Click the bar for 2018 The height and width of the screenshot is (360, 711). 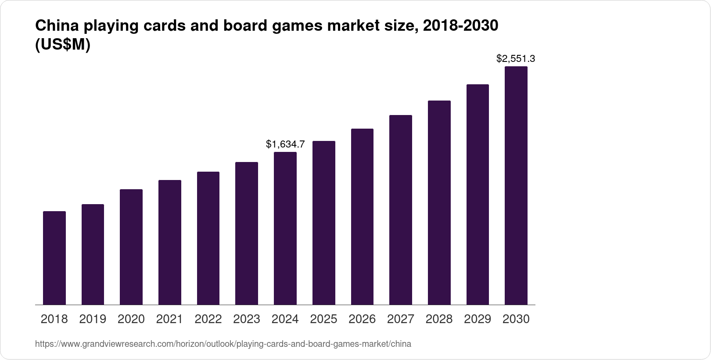coord(54,258)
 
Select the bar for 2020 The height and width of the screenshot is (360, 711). coord(131,247)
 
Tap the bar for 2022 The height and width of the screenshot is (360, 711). coord(208,238)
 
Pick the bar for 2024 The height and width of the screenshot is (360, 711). coord(285,228)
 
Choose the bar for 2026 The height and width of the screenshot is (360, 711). coord(362,217)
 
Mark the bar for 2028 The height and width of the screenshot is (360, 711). coord(439,203)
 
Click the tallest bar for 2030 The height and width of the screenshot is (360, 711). coord(516,186)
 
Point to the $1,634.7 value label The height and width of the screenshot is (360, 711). coord(285,144)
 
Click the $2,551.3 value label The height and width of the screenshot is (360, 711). coord(516,58)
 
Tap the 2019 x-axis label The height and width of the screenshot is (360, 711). coord(93,319)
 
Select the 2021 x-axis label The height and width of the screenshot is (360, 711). coord(169,319)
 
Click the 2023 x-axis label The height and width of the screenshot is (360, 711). coord(247,319)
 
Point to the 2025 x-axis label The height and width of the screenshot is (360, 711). coord(323,319)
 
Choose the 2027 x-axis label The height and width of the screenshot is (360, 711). coord(401,319)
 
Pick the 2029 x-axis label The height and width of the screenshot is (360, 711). coord(478,319)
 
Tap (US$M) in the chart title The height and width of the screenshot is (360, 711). coord(62,45)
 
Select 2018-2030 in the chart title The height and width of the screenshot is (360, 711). coord(460,26)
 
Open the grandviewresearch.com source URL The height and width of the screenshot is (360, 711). coord(223,344)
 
